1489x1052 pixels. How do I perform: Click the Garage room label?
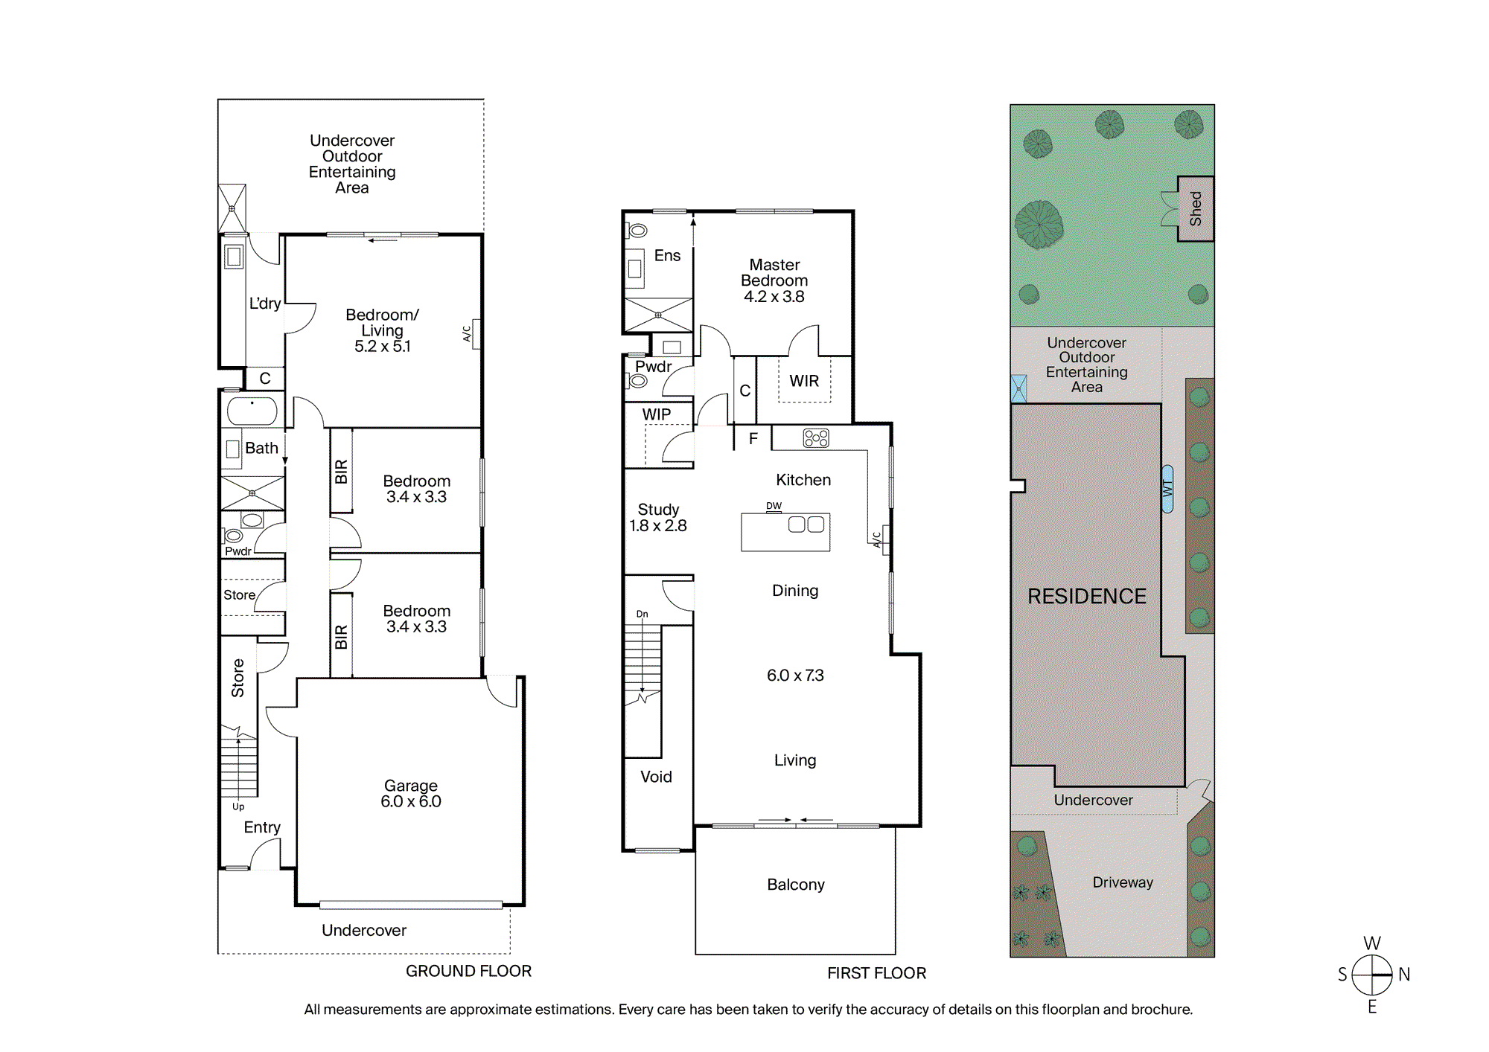pos(411,793)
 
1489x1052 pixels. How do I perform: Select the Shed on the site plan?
pos(1195,209)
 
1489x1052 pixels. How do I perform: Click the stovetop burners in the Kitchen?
pos(816,438)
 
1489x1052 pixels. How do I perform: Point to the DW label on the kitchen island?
pos(774,506)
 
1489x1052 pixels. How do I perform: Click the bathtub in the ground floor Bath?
pos(252,411)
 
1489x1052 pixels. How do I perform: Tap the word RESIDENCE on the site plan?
pos(1087,596)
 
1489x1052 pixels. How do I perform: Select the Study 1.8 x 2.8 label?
pos(658,518)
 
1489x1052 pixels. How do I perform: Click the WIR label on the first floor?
pos(804,381)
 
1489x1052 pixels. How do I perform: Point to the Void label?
pos(656,777)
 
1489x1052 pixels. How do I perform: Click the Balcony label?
pos(796,885)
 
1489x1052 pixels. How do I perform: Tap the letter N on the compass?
pos(1404,975)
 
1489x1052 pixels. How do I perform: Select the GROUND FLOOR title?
pos(468,971)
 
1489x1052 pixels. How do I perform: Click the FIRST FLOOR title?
pos(876,973)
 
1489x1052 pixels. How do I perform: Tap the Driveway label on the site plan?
pos(1123,882)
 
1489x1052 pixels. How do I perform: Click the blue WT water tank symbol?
pos(1167,489)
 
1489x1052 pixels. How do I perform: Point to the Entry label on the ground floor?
pos(262,827)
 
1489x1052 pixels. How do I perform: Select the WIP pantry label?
pos(657,414)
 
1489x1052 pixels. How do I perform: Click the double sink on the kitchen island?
pos(806,525)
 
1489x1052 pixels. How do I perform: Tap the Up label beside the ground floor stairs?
pos(238,806)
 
